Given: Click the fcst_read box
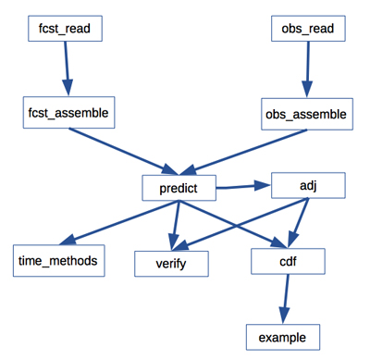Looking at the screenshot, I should click(x=64, y=29).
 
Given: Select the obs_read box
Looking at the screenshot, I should click(x=313, y=29).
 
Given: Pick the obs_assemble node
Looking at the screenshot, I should click(x=305, y=116).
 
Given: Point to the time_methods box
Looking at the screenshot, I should click(x=56, y=261).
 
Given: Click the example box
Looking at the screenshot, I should click(x=283, y=335).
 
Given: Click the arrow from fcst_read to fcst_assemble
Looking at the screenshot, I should click(x=67, y=69).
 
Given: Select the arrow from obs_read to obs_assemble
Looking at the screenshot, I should click(x=308, y=70).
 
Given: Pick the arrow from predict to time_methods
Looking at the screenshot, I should click(x=110, y=222).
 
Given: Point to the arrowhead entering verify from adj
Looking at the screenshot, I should click(x=181, y=245).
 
